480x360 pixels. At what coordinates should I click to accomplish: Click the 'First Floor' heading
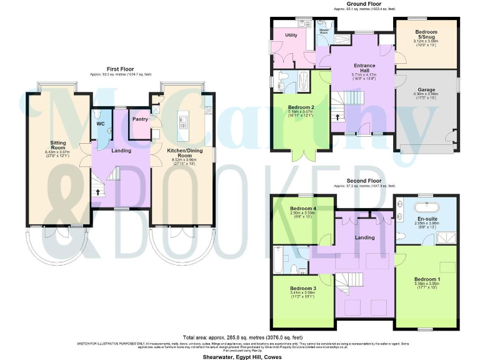121,69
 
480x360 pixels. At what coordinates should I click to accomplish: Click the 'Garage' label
426,89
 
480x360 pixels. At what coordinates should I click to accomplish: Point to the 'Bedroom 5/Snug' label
426,34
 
